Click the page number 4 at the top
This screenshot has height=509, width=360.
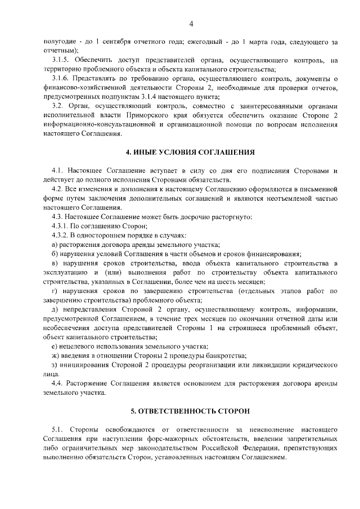click(x=191, y=24)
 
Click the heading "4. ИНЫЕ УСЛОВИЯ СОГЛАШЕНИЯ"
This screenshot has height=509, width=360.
click(x=191, y=152)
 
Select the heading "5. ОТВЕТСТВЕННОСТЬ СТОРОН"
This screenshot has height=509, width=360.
click(x=191, y=411)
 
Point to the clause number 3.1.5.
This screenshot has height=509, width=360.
click(x=60, y=60)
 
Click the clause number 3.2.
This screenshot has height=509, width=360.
click(x=56, y=106)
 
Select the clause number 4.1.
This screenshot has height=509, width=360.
click(x=56, y=170)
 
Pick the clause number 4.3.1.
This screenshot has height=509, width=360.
click(x=60, y=225)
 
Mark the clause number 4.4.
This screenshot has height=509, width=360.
click(x=56, y=383)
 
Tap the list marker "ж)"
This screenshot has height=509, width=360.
click(x=55, y=355)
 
